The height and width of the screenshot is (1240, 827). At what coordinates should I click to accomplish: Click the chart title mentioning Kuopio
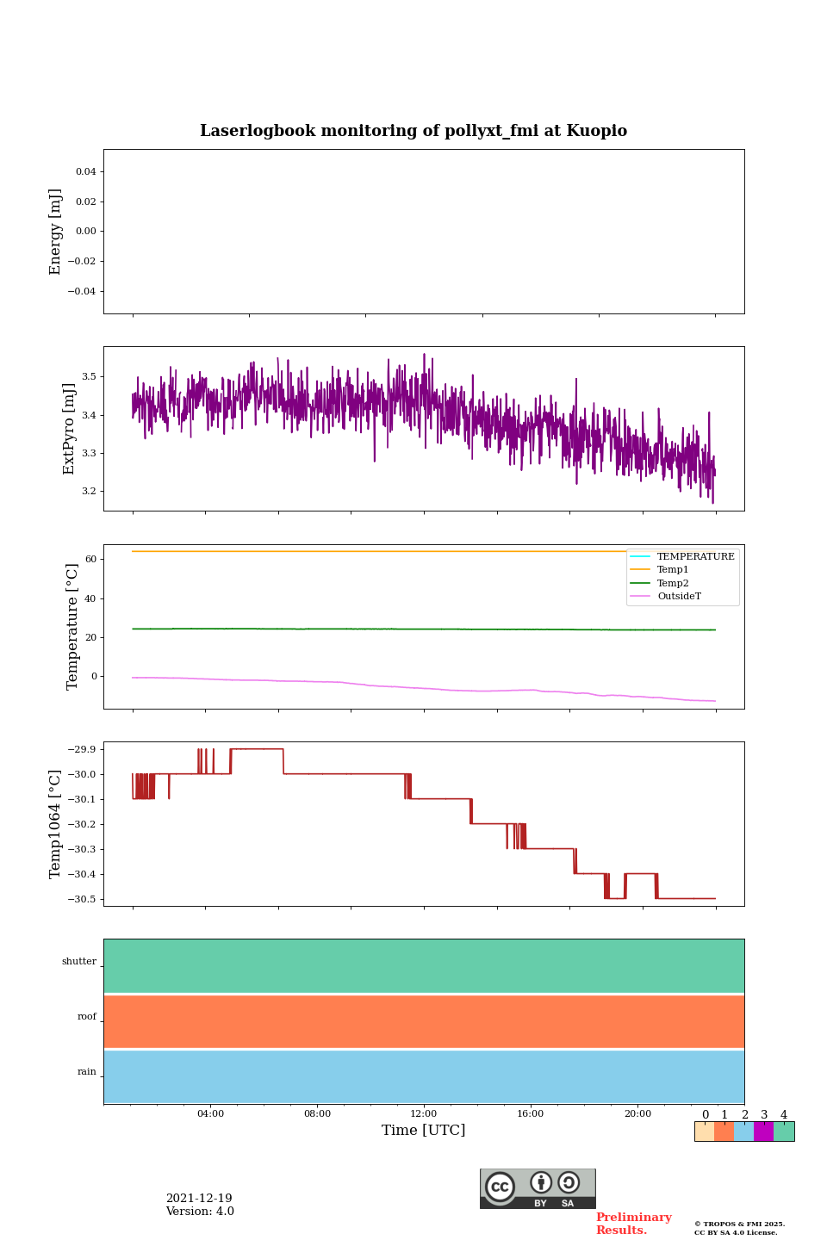(413, 131)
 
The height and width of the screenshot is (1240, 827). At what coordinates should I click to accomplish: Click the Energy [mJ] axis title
(56, 232)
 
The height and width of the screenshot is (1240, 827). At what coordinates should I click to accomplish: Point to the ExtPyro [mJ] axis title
(69, 429)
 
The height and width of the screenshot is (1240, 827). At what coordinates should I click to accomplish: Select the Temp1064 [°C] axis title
(56, 824)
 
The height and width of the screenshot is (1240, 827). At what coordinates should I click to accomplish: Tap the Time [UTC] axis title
(424, 1130)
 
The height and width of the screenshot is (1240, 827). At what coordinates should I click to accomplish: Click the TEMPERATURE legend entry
(695, 556)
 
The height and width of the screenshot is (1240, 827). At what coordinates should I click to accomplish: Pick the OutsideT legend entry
(679, 596)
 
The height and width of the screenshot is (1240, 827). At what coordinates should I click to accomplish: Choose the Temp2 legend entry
(673, 583)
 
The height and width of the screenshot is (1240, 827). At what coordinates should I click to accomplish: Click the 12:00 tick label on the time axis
(424, 1113)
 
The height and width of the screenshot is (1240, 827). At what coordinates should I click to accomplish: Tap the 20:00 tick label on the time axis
(637, 1113)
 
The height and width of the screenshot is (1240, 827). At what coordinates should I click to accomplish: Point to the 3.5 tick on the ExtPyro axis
(89, 377)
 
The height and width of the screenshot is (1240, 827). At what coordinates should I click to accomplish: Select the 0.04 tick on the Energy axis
(85, 171)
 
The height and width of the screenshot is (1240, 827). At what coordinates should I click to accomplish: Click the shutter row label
(79, 962)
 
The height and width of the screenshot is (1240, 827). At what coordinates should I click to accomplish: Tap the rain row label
(87, 1072)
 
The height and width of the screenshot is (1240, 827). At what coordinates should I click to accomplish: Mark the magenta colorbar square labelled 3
(763, 1131)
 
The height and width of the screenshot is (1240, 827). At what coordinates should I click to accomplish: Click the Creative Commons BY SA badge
(538, 1188)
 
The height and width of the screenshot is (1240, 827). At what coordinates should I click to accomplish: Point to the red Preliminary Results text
(633, 1224)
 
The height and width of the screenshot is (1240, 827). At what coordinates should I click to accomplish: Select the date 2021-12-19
(199, 1199)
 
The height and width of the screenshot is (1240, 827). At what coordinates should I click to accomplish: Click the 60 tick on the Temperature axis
(90, 560)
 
